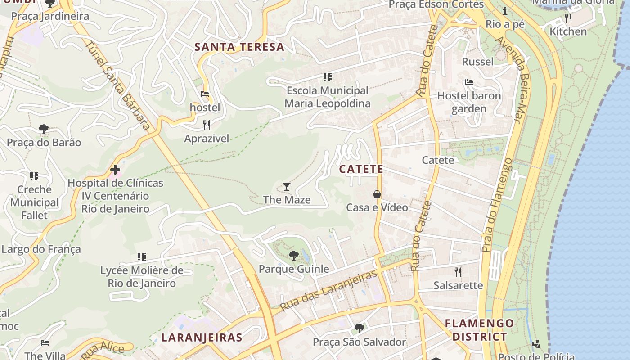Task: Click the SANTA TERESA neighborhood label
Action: tap(239, 47)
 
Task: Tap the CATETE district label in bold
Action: tap(361, 169)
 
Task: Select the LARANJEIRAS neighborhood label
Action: tap(202, 337)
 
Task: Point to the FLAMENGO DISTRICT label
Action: tap(479, 329)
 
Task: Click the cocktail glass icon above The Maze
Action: tap(286, 187)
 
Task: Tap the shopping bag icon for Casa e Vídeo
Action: tap(377, 194)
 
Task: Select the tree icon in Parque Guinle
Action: tap(294, 256)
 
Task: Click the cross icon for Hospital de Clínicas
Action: tap(115, 170)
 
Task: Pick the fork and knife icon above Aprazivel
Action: tap(207, 125)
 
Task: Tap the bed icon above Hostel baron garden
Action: tap(469, 82)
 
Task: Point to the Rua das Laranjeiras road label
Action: tap(328, 291)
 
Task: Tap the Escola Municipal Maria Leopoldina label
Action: tap(328, 97)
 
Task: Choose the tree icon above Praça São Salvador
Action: tap(359, 328)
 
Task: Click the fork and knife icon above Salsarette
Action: tap(458, 272)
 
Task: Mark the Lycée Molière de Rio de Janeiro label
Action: tap(142, 277)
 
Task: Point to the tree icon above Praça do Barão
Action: tap(44, 129)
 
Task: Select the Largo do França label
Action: tap(41, 249)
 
